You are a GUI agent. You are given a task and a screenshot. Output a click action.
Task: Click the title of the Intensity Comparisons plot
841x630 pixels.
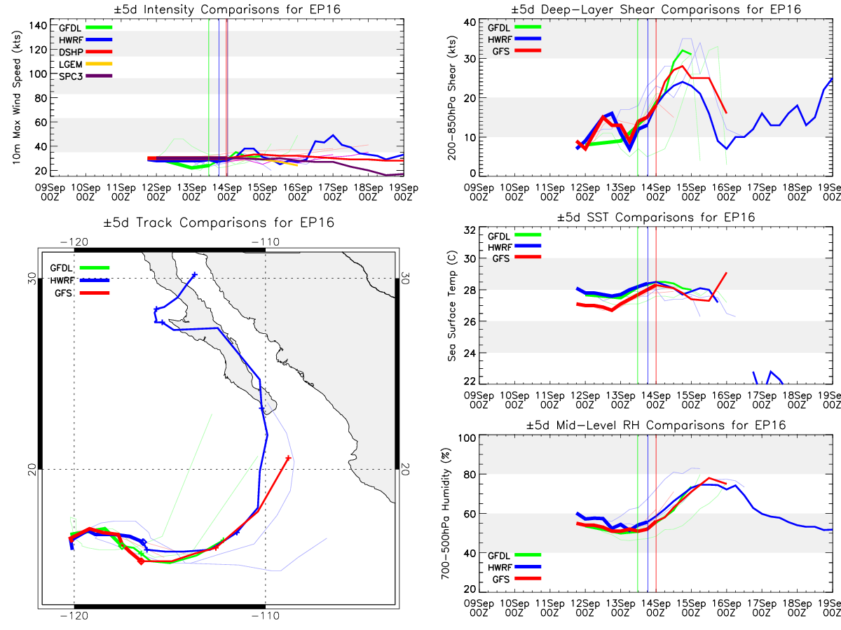tap(227, 9)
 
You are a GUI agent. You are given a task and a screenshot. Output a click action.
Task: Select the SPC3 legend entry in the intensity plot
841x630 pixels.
tap(85, 76)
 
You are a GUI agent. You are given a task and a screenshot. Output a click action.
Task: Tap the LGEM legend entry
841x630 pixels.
tap(85, 64)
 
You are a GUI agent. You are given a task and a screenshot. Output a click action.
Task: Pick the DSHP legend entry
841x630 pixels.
tap(85, 52)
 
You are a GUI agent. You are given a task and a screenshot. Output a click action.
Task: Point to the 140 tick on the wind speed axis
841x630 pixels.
tap(38, 26)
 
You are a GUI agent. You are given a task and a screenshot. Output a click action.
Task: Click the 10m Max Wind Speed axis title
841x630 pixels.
tap(16, 97)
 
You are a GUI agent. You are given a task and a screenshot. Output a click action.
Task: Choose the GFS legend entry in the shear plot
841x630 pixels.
tap(517, 50)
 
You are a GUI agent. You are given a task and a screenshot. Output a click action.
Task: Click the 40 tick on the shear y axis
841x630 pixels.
tap(470, 22)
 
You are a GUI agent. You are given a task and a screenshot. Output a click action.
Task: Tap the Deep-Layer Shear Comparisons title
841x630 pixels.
tap(656, 9)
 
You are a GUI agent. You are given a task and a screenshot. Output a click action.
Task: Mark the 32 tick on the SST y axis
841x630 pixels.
tap(470, 230)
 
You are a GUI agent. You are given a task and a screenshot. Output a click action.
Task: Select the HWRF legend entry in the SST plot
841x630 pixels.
tap(514, 246)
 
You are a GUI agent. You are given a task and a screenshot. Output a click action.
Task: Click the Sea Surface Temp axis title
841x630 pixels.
tap(452, 306)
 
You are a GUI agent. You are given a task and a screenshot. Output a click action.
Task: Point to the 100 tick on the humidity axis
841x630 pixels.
tap(467, 438)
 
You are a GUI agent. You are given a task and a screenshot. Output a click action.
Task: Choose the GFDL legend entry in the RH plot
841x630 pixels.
tap(514, 555)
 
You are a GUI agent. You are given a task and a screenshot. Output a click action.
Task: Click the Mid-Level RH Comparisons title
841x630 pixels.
tap(656, 425)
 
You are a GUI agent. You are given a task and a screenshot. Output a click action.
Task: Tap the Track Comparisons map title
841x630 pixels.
tap(219, 223)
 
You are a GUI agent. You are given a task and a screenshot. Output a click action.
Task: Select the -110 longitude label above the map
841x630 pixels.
tap(266, 241)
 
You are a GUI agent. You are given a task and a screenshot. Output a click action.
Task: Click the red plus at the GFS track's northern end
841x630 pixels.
tap(288, 458)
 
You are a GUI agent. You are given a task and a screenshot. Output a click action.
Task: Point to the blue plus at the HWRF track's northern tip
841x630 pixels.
tap(195, 274)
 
